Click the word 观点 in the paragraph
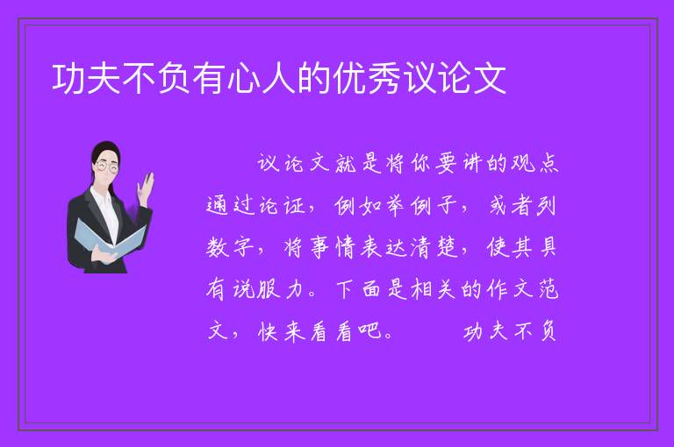(x=534, y=163)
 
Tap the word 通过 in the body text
(x=231, y=206)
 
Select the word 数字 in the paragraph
(x=231, y=247)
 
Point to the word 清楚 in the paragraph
(x=434, y=247)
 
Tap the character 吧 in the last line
(x=369, y=331)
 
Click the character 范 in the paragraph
(x=548, y=289)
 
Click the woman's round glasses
(x=107, y=167)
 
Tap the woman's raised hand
(x=146, y=186)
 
